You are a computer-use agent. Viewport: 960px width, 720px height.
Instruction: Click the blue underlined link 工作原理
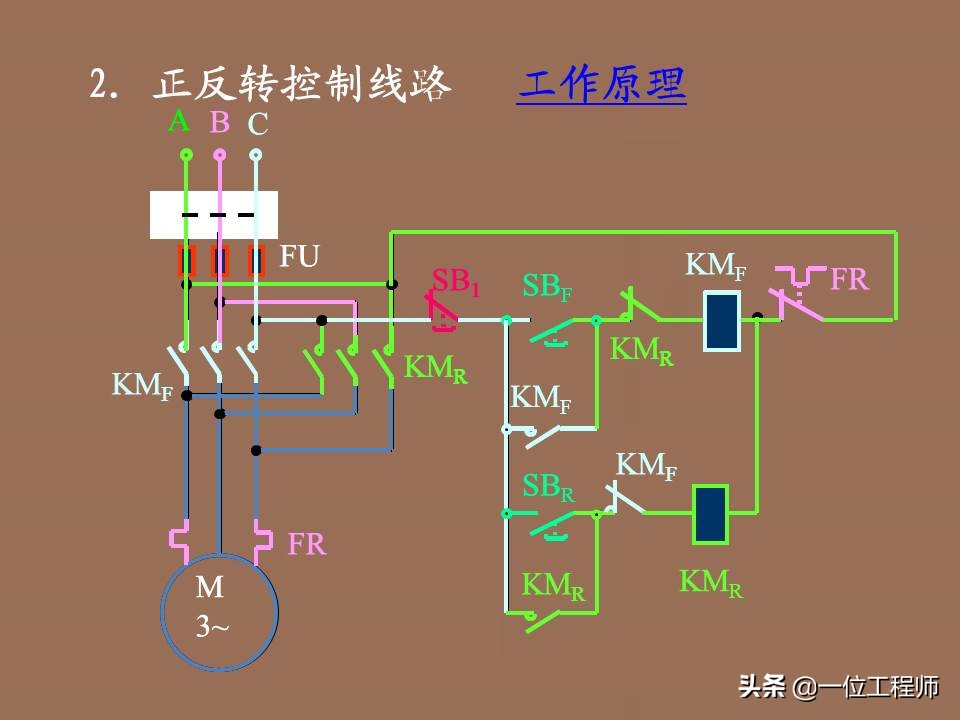pos(602,85)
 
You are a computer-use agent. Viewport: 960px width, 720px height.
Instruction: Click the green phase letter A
pos(179,122)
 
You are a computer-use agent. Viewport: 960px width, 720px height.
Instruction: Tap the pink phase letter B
pos(220,123)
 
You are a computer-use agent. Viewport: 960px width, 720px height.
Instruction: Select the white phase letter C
pos(258,124)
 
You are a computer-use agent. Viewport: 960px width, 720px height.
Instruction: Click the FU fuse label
pos(299,257)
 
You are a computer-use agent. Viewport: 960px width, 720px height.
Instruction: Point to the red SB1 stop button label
pos(456,282)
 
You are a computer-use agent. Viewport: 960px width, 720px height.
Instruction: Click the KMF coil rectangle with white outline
pos(721,321)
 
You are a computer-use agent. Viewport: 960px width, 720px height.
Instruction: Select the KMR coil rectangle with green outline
pos(710,514)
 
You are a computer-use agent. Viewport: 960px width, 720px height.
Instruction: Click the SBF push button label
pos(548,287)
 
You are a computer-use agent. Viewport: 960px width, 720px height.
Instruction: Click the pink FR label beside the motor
pos(307,545)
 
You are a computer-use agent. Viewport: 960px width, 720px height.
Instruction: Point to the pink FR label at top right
pos(849,279)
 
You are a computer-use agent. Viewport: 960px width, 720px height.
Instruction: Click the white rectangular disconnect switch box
pos(213,215)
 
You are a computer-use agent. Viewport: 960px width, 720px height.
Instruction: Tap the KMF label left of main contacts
pos(141,385)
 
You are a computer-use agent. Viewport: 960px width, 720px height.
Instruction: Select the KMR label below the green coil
pos(711,582)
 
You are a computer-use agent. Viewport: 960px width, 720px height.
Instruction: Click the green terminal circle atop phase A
pos(185,154)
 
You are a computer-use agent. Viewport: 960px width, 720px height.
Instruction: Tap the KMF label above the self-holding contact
pos(541,398)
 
